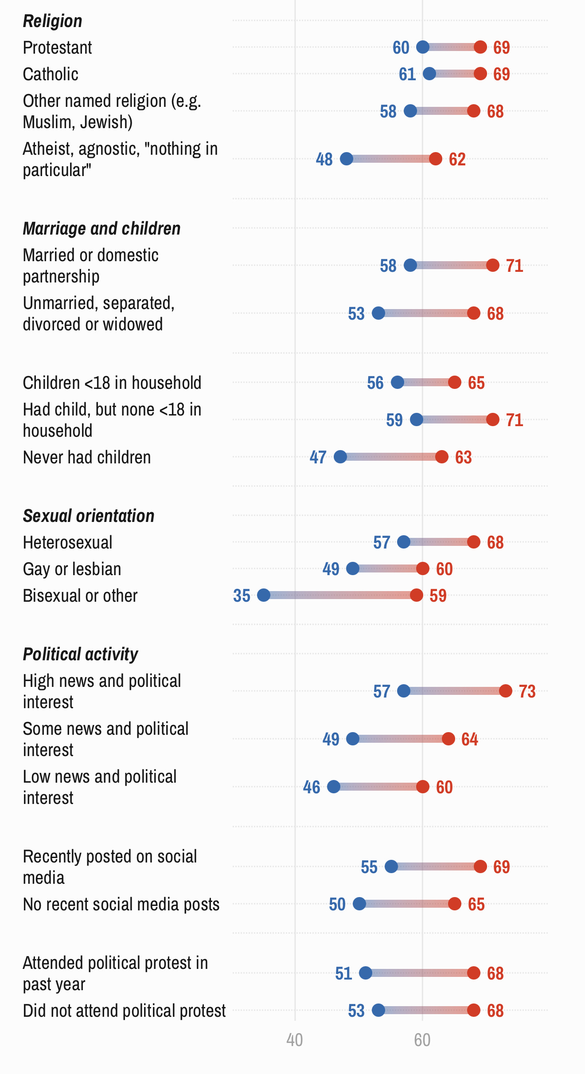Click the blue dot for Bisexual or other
pos(264,595)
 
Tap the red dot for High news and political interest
pos(506,691)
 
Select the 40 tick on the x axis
pos(295,1040)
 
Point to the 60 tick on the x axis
pos(422,1040)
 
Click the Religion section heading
pos(52,21)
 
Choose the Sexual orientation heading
pos(89,516)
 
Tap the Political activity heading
pos(80,654)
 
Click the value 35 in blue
pos(242,596)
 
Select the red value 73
pos(527,691)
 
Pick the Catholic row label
pos(51,74)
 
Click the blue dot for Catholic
pos(429,74)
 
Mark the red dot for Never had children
pos(442,457)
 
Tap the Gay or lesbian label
pos(72,569)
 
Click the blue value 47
pos(318,457)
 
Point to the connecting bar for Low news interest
pos(378,787)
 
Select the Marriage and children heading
pos(101,228)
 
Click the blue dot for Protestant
pos(423,47)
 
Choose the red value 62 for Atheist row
pos(457,159)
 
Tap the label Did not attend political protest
pos(124,1011)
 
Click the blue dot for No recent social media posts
pos(359,904)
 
